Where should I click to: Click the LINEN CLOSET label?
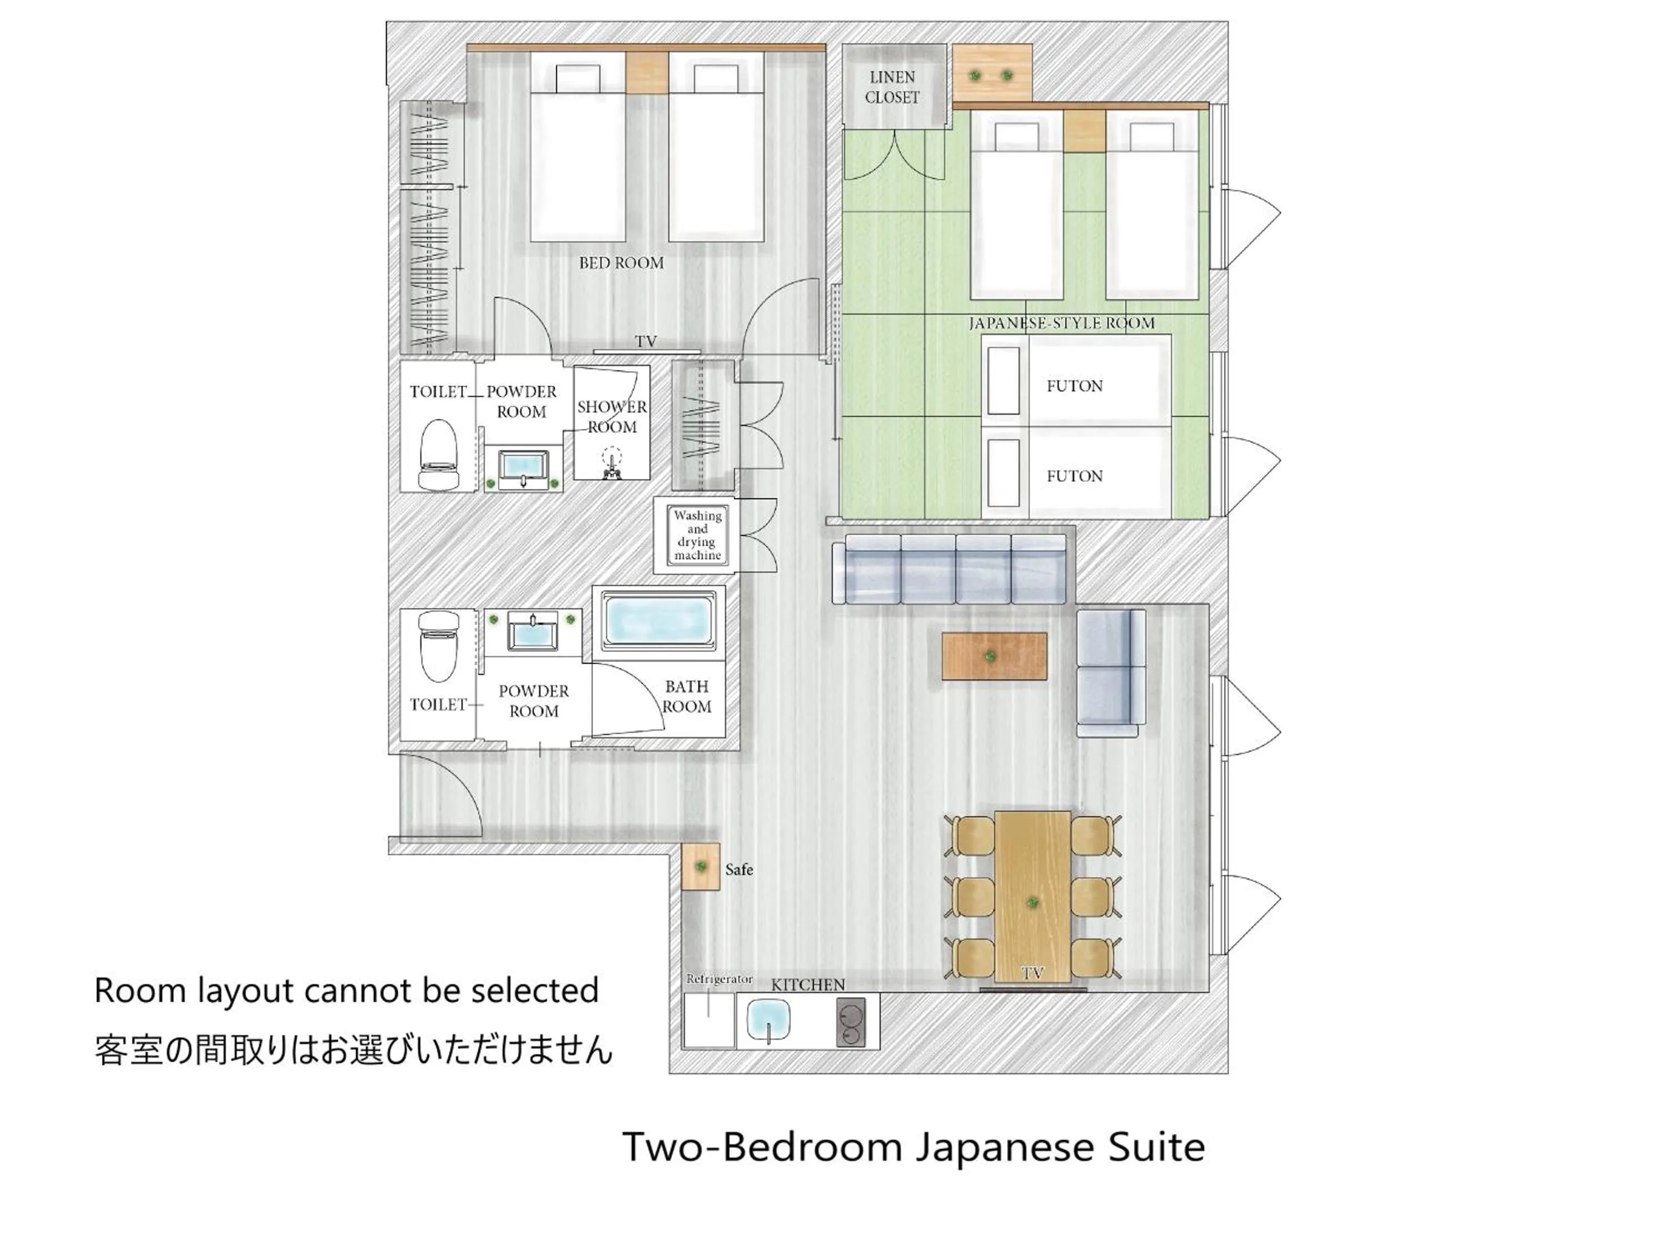tap(892, 87)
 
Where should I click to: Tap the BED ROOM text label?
tap(622, 263)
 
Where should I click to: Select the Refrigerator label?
tap(718, 979)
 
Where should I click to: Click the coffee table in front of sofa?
tap(994, 656)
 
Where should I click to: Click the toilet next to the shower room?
tap(438, 455)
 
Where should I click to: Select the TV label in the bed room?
tap(646, 341)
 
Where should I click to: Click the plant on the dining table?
tap(1032, 902)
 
